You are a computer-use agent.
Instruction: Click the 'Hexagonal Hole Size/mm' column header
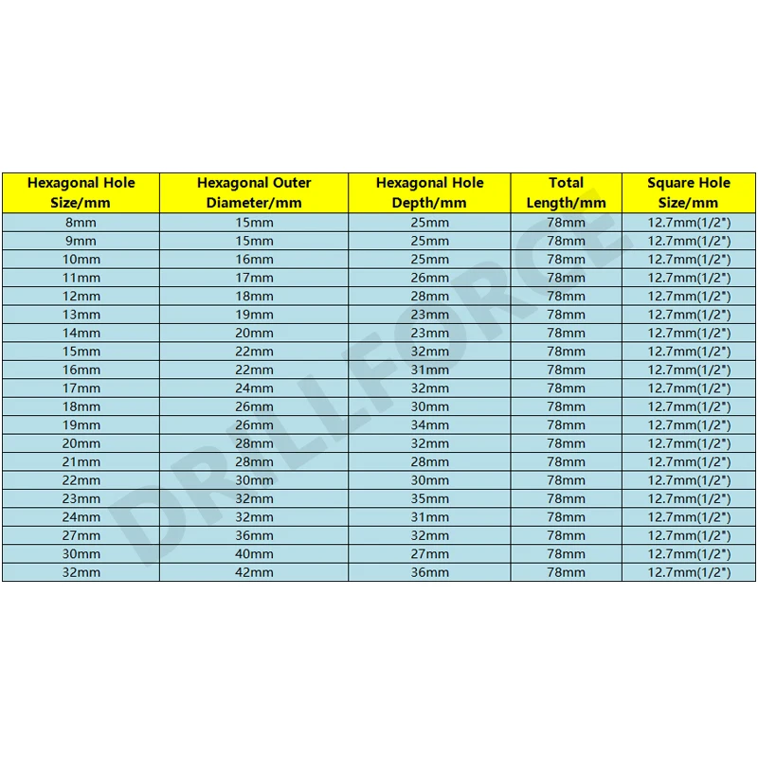[81, 192]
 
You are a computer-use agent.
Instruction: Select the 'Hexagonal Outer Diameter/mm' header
[254, 192]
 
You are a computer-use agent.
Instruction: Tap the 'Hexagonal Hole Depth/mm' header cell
[429, 192]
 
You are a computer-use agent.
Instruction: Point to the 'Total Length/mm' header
[566, 192]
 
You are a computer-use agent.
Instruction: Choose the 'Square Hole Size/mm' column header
[689, 192]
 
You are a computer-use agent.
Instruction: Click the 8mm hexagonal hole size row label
[81, 222]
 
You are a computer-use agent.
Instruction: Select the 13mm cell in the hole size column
[81, 314]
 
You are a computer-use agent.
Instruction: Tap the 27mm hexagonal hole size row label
[81, 535]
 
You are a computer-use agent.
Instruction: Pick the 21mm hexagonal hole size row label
[81, 461]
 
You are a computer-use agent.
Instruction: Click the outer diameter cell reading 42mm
[254, 572]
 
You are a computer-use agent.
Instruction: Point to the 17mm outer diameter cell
[254, 278]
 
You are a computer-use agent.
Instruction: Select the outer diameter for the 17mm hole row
[254, 388]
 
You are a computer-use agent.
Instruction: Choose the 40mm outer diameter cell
[254, 553]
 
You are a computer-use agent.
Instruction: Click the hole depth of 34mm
[429, 424]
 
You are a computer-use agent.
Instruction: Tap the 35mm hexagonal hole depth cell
[429, 498]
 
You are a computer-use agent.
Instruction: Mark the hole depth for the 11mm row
[429, 278]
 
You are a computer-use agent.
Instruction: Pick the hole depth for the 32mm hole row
[429, 572]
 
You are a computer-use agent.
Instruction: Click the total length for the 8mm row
[566, 222]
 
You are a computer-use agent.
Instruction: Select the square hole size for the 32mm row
[689, 572]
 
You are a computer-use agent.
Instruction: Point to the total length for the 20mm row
[566, 443]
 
